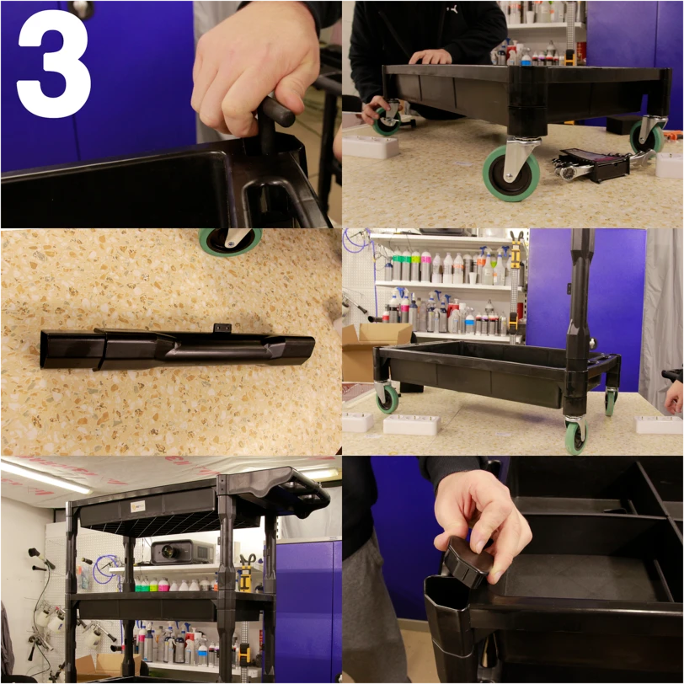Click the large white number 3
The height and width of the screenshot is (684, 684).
click(x=55, y=64)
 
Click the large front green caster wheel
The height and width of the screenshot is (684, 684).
click(x=510, y=174)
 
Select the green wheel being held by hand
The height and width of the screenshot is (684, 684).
click(x=387, y=121)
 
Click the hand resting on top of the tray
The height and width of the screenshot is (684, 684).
click(x=430, y=56)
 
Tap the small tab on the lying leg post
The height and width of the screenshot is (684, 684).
click(x=222, y=328)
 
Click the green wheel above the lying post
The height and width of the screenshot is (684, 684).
click(x=230, y=241)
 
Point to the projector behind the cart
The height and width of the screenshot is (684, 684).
click(x=184, y=552)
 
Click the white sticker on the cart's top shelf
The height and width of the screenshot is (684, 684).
click(x=138, y=506)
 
